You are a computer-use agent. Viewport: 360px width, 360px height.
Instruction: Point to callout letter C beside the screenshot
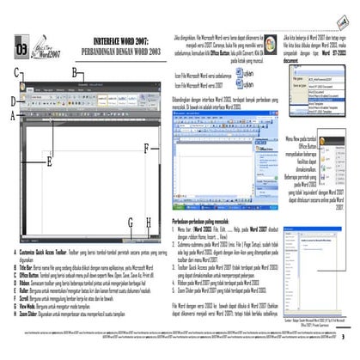click(16, 73)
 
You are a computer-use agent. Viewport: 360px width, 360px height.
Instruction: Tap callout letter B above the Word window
click(76, 73)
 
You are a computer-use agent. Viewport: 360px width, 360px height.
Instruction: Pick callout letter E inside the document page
click(50, 160)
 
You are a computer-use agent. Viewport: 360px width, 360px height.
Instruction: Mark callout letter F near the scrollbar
click(146, 148)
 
